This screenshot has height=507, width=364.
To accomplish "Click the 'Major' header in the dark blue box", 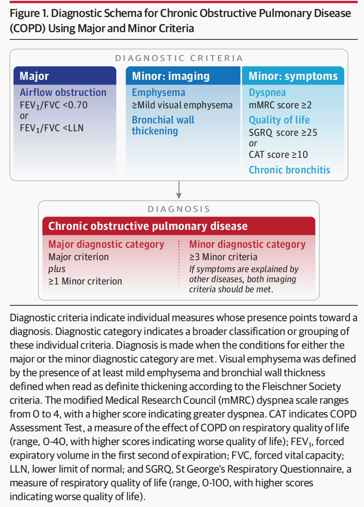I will point(34,76).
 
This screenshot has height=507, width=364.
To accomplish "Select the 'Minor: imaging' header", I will point(171,76).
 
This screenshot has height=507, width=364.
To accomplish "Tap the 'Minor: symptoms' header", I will point(293,76).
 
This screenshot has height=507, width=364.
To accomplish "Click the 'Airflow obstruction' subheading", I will point(63,92).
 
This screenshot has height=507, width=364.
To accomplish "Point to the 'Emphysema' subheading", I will point(158,92).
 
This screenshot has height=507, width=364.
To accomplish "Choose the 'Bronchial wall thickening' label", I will point(163,125).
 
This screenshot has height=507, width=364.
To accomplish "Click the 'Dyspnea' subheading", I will point(267,92).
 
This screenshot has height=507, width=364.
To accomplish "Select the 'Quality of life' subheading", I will point(279,120).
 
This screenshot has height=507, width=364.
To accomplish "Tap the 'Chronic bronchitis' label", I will point(289,170).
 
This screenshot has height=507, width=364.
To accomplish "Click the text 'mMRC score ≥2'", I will point(280,105).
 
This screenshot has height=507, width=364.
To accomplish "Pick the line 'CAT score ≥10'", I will point(279,155).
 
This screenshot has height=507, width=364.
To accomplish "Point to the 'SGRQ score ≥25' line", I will point(283,133).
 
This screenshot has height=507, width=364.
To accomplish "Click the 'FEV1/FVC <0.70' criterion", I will point(53,105).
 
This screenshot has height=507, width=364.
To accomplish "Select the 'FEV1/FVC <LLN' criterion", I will point(51,128).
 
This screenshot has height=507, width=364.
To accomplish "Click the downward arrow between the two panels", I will point(179,188).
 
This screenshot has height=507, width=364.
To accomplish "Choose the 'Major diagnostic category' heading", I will point(106,244).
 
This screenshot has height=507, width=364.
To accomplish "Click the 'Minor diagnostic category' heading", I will point(247,244).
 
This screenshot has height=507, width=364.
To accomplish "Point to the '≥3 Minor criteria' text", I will point(223,257).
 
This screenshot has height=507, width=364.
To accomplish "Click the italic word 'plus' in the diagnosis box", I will point(57,269).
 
